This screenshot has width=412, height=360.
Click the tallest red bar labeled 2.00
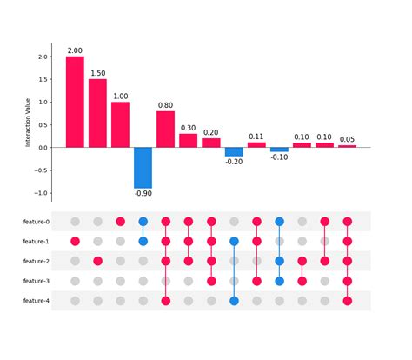point(75,102)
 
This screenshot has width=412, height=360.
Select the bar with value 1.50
point(97,113)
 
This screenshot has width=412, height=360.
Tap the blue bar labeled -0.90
point(143,167)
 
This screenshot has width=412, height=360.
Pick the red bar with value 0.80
point(165,129)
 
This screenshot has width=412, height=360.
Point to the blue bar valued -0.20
point(234,151)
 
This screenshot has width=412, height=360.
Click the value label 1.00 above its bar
point(120,96)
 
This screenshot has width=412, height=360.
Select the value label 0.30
point(189,127)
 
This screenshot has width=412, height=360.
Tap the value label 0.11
point(256,136)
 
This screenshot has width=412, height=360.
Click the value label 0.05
point(347,138)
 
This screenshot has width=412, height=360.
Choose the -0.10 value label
point(279,158)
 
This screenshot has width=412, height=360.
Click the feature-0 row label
point(36,222)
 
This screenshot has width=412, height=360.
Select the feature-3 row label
point(36,281)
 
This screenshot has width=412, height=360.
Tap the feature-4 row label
point(36,301)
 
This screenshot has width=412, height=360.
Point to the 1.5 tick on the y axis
point(43,79)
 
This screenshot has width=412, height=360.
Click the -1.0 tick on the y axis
point(41,193)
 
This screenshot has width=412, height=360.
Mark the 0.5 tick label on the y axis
point(43,124)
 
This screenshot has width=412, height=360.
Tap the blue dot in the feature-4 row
point(234,301)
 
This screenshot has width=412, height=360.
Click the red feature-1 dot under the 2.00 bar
point(75,241)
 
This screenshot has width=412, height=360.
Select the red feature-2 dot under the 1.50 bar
point(97,261)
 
